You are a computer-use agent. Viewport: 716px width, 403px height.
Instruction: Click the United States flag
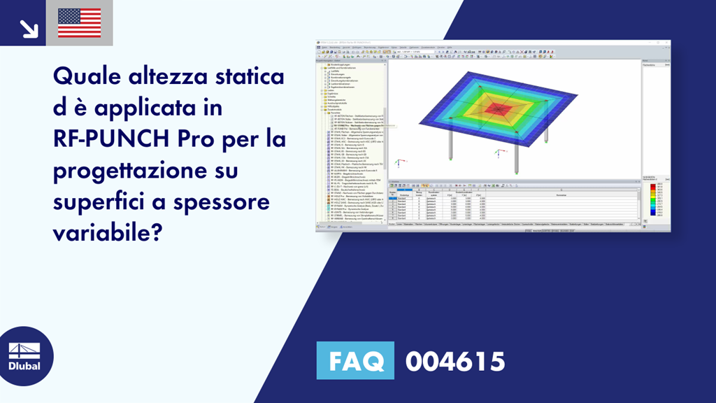[79, 23]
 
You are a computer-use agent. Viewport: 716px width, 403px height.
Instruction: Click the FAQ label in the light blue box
[355, 362]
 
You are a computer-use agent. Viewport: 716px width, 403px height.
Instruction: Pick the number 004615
[455, 362]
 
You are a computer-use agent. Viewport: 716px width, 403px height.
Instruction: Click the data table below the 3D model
[514, 206]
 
